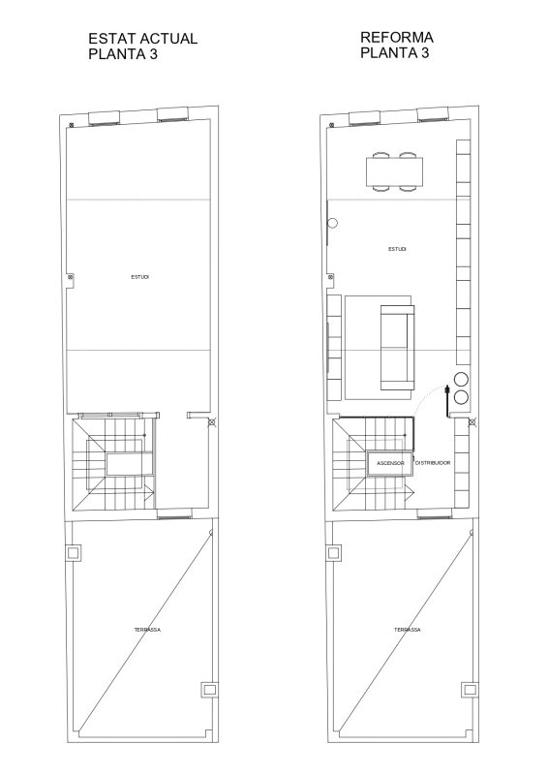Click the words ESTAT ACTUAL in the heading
pos(142,39)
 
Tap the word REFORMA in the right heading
pos(397,37)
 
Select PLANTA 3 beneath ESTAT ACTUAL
pos(123,54)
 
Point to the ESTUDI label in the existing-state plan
pos(139,277)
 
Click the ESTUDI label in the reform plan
pos(397,249)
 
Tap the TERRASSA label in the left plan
pos(147,630)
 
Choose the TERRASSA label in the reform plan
pos(408,630)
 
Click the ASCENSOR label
pos(390,464)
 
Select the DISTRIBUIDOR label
pos(433,463)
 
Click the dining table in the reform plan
pos(395,171)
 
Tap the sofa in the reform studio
pos(397,348)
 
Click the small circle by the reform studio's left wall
pos(333,223)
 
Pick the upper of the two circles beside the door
pos(461,379)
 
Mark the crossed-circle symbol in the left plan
pos(212,422)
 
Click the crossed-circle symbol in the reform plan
pos(472,422)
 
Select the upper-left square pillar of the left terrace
pos(74,552)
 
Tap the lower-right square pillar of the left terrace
pos(209,689)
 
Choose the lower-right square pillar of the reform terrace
pos(470,689)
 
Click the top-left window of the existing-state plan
pos(105,118)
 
